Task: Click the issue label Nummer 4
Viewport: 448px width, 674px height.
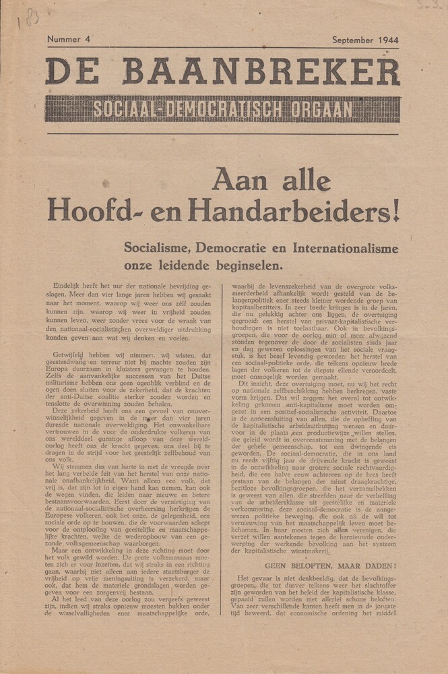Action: tap(69, 40)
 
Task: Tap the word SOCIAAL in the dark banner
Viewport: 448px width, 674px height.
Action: tap(121, 109)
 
